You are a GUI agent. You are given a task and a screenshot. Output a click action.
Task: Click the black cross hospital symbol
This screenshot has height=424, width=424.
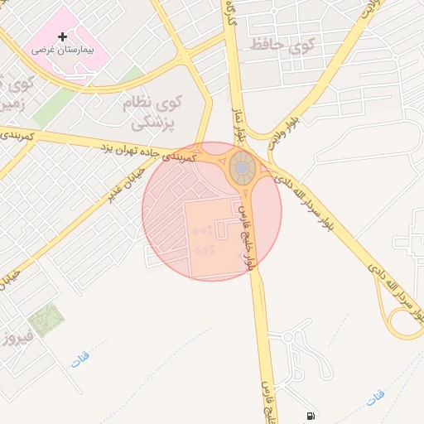point(63,36)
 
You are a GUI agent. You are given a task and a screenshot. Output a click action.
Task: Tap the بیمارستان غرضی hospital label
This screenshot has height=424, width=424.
point(63,50)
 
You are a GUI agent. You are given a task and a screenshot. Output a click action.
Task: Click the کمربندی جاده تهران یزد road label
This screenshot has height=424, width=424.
point(148,152)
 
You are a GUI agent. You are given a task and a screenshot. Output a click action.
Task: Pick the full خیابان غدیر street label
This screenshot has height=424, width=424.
point(125,184)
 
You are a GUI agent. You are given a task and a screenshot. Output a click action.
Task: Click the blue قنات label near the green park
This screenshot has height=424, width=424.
point(80,360)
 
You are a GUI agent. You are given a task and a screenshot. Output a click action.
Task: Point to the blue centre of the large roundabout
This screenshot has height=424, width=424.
point(242,168)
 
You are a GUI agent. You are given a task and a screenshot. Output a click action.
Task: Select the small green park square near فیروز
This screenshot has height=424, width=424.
point(46,320)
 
